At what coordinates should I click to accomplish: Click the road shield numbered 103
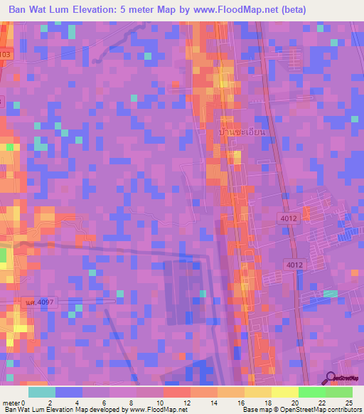pyautogui.click(x=6, y=53)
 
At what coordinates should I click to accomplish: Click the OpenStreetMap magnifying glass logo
pyautogui.click(x=331, y=378)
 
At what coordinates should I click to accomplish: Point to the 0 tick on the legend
pyautogui.click(x=26, y=402)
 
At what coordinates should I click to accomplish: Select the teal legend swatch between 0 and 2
pyautogui.click(x=42, y=392)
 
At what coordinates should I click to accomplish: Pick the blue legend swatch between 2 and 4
pyautogui.click(x=69, y=392)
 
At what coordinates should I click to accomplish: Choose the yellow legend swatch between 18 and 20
pyautogui.click(x=284, y=392)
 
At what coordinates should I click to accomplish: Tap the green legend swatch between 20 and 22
pyautogui.click(x=311, y=392)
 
